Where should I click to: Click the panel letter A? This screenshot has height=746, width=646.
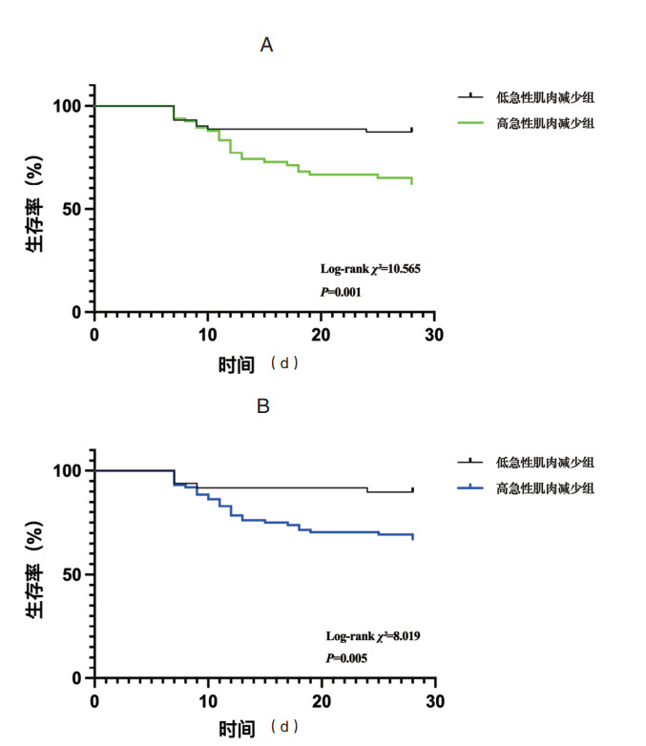[x=267, y=45]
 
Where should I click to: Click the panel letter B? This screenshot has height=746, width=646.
[x=264, y=405]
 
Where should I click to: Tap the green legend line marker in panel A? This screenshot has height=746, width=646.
[x=469, y=122]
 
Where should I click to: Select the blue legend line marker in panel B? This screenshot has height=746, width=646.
[x=469, y=487]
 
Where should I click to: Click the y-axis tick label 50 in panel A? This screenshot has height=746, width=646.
[x=73, y=209]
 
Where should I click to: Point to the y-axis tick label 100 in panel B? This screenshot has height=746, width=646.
[x=69, y=470]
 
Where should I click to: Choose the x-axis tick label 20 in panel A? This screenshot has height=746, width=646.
[x=321, y=332]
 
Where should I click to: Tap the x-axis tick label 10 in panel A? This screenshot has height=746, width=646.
[x=207, y=332]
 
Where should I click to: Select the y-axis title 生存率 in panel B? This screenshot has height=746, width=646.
[x=36, y=574]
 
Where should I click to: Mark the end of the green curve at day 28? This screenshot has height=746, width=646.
[x=412, y=180]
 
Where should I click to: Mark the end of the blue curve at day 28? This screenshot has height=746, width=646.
[x=412, y=536]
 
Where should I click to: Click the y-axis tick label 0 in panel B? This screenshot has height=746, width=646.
[x=78, y=678]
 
